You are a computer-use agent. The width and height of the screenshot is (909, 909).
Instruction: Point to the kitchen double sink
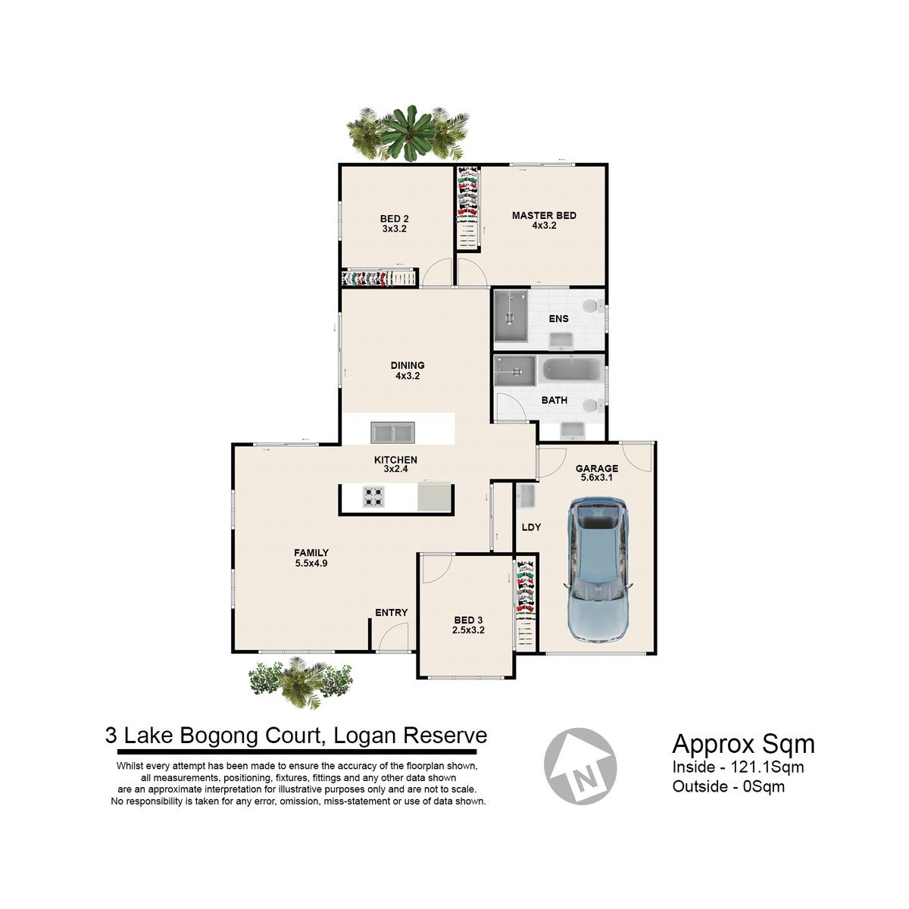[x=392, y=433]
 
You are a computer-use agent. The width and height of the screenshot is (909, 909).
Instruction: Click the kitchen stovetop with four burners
[x=373, y=497]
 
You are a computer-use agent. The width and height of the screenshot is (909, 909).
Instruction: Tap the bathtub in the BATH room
[x=571, y=370]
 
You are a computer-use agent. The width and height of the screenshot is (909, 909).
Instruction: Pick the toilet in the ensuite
[x=592, y=307]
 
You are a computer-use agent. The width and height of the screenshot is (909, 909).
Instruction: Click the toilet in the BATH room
[x=592, y=405]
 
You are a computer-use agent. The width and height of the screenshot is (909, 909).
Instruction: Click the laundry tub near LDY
[x=526, y=497]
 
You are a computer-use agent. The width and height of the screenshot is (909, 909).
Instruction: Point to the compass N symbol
[x=580, y=766]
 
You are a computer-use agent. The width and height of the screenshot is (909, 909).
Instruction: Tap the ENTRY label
[x=391, y=612]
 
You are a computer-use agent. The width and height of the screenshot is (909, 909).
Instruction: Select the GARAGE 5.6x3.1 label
[x=597, y=473]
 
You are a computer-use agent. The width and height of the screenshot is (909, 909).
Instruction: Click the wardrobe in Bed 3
[x=526, y=604]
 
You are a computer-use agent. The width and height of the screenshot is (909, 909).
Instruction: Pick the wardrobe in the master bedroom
[x=468, y=207]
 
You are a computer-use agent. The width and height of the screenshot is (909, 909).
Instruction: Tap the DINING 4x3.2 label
[x=408, y=370]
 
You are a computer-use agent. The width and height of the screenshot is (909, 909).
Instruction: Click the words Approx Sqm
[x=743, y=744]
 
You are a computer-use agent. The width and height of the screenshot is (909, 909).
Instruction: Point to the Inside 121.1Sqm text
[x=739, y=767]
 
